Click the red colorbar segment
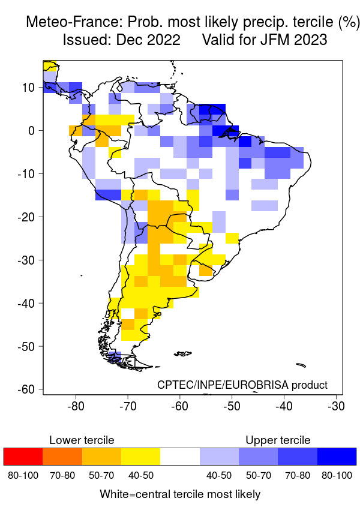coord(23,457)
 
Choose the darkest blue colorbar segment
coord(337,457)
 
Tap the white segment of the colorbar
coord(180,457)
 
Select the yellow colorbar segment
coord(140,457)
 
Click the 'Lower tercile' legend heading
coord(82,440)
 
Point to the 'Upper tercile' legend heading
coord(278,440)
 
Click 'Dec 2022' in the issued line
coord(150,40)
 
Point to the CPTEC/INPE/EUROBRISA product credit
coord(242,385)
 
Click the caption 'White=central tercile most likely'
coord(180,494)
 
